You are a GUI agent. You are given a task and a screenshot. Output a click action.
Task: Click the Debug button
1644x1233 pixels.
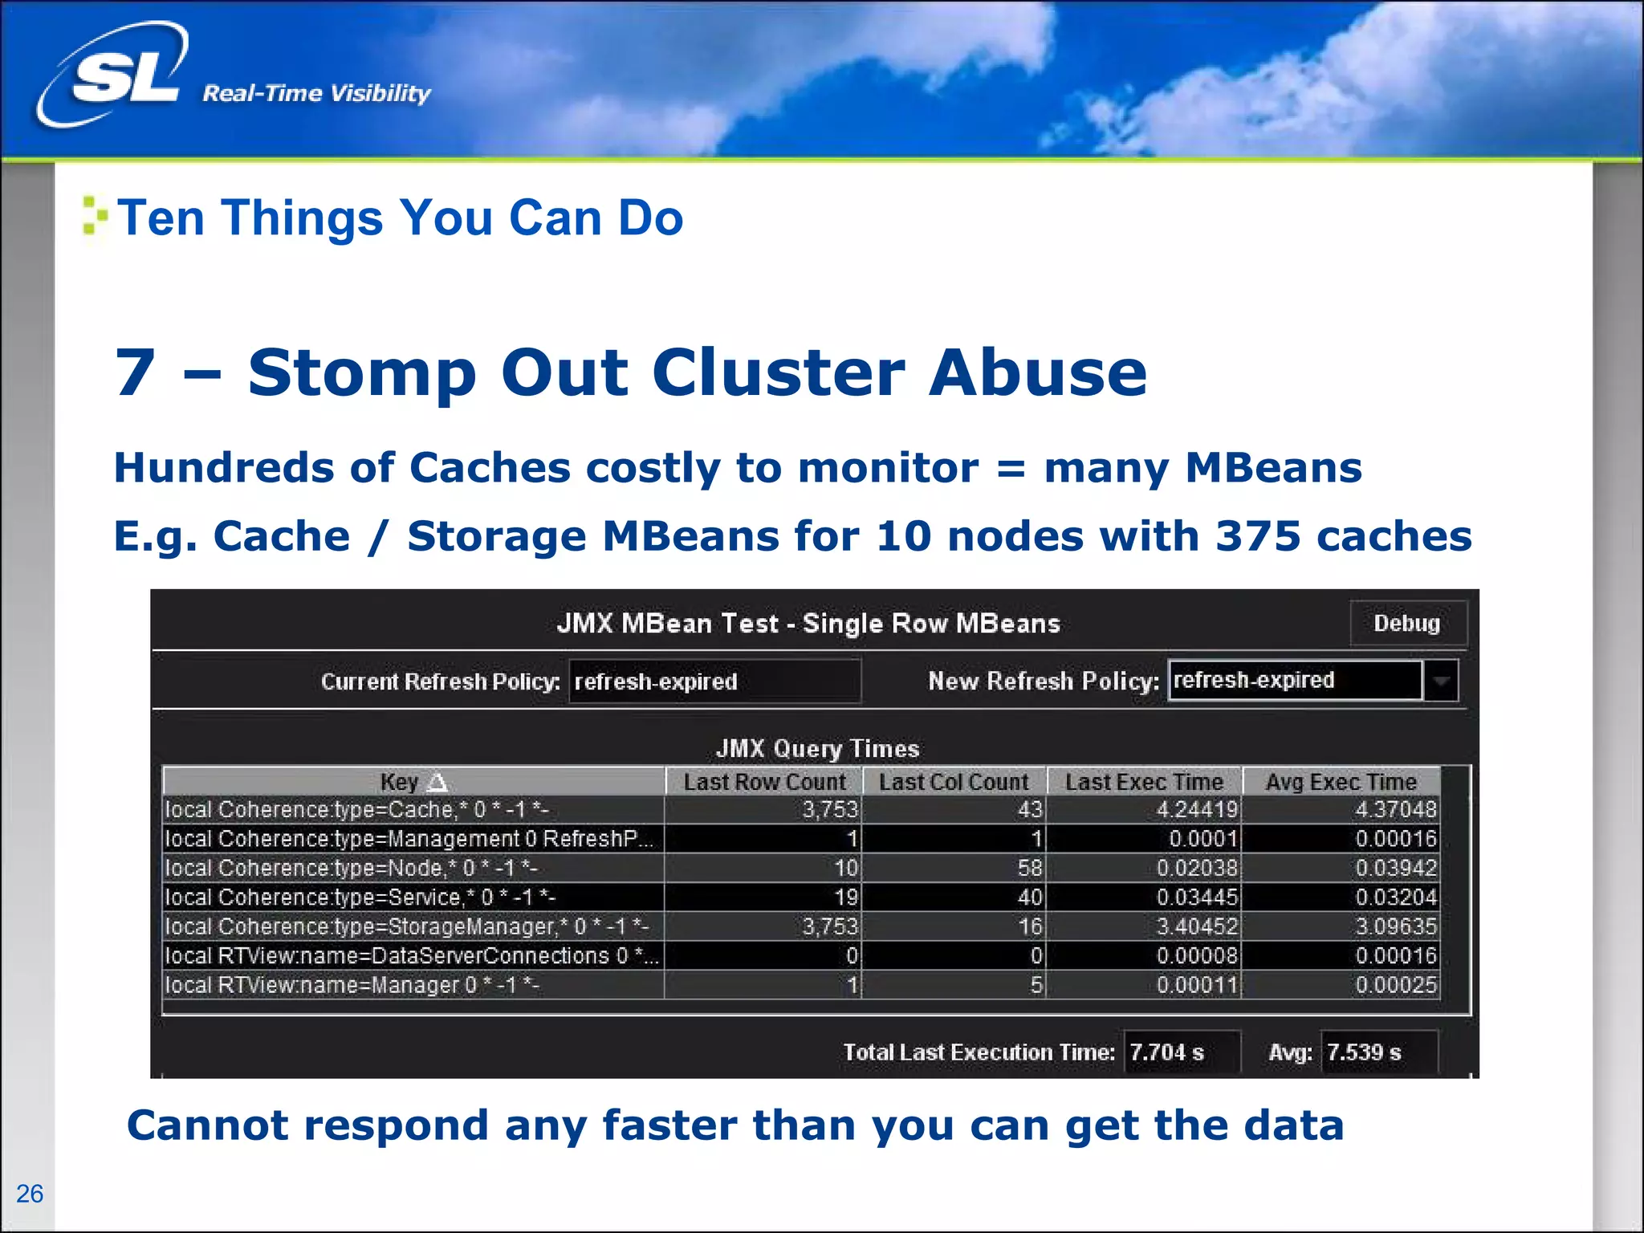tap(1407, 623)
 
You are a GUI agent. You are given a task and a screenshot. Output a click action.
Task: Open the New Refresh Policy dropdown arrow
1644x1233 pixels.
tap(1441, 681)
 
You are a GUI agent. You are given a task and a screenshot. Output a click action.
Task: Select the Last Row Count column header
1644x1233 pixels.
tap(763, 781)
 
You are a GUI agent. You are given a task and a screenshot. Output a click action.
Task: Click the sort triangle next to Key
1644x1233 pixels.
tap(437, 781)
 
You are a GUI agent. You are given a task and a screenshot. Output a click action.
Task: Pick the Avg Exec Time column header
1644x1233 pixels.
tap(1341, 781)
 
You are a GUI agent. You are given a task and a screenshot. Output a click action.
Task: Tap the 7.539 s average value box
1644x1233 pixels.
tap(1377, 1052)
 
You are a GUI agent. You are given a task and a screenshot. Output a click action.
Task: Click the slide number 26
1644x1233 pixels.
tap(30, 1194)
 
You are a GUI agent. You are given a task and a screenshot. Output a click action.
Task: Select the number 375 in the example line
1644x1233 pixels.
tap(1257, 535)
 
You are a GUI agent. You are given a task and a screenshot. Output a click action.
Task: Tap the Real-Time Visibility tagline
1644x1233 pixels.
tap(316, 93)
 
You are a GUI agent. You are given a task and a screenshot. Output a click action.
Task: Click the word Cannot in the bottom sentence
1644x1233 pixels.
tap(207, 1125)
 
